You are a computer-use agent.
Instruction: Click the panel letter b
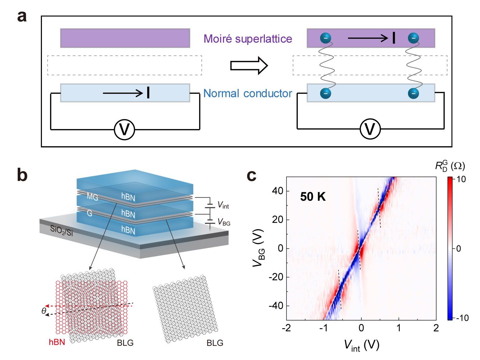tap(22, 175)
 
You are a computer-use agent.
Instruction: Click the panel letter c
tap(251, 175)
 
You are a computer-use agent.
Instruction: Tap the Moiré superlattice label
tap(248, 39)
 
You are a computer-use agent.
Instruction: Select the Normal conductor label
tap(247, 93)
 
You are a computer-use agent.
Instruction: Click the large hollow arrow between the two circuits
tap(249, 65)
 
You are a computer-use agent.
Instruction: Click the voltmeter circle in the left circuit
tap(125, 129)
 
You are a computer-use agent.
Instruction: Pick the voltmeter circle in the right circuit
tap(370, 129)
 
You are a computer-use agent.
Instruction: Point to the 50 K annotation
tap(313, 197)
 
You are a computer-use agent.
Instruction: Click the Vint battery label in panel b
tap(223, 205)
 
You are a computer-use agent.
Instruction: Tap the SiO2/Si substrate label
tap(61, 231)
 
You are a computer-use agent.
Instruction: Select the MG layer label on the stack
tap(92, 196)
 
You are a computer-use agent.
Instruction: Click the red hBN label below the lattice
tap(57, 342)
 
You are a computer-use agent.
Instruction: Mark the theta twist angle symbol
tap(43, 311)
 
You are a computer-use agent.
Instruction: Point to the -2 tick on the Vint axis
tap(286, 328)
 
